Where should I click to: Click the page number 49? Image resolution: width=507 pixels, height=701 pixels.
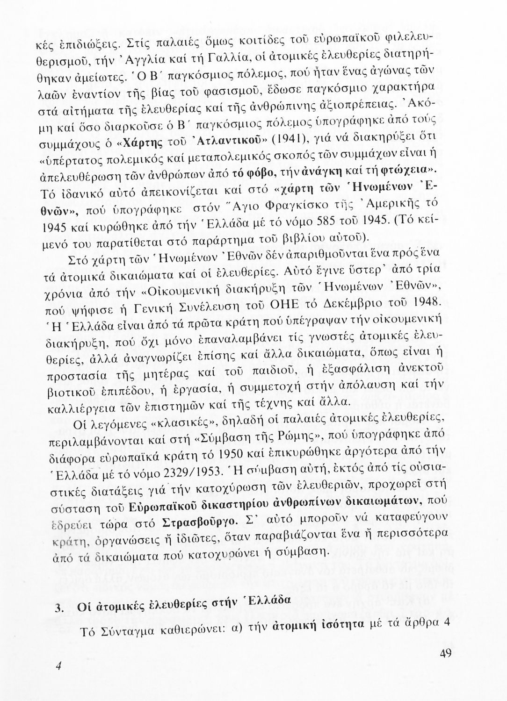point(445,654)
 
